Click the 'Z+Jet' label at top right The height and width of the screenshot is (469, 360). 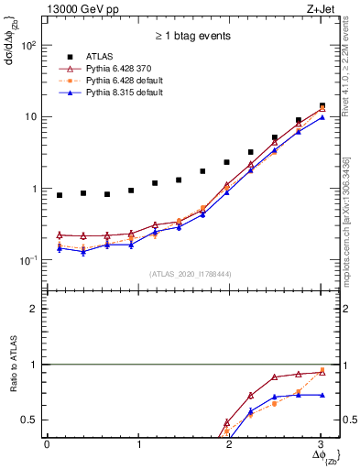(320, 9)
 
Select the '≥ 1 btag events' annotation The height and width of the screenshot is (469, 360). (191, 37)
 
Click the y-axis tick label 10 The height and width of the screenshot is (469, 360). (29, 117)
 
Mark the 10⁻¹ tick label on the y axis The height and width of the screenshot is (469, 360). (27, 261)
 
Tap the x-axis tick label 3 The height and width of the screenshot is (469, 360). (321, 445)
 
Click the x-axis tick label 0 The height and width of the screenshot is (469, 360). (46, 445)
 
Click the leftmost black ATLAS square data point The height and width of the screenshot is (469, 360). (59, 195)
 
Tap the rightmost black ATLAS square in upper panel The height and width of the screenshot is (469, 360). (321, 106)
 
